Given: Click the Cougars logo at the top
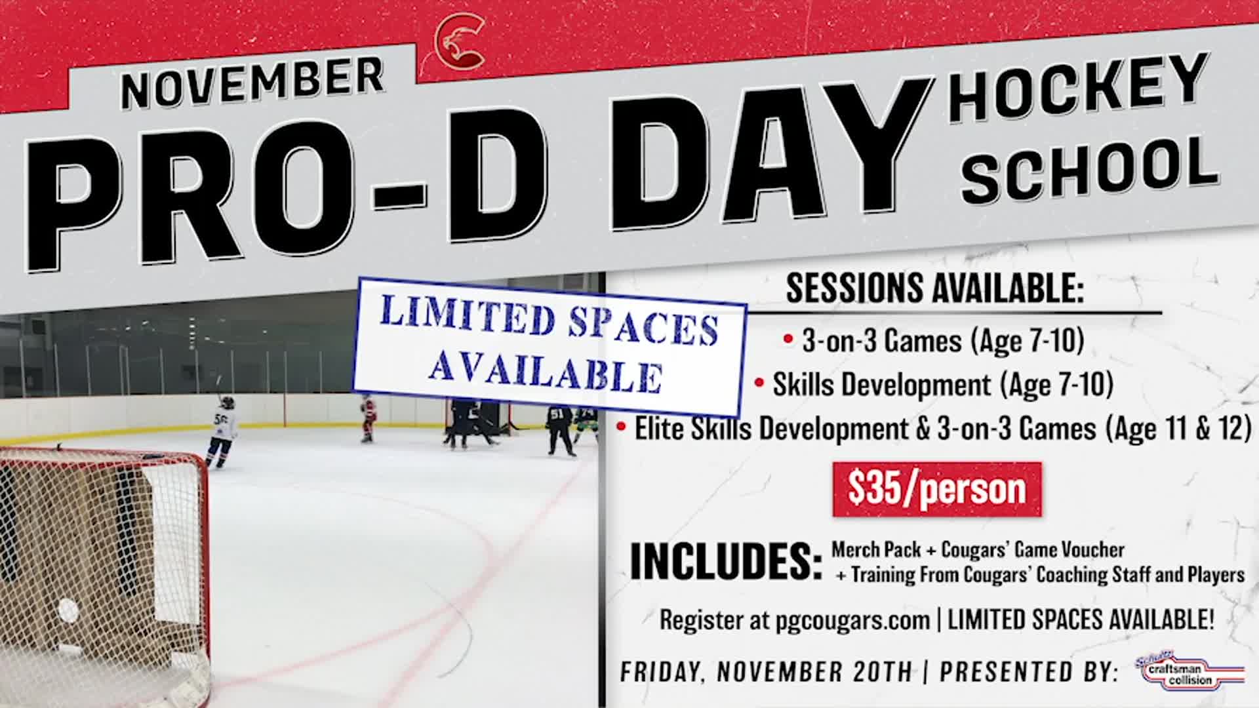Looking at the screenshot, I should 460,41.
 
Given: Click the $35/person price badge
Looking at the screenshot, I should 936,489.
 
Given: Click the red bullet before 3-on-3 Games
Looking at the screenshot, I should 788,340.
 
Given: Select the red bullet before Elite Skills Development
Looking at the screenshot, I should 620,427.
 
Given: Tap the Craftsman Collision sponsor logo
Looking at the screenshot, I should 1188,671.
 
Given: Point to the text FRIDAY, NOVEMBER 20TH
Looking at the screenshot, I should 766,672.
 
